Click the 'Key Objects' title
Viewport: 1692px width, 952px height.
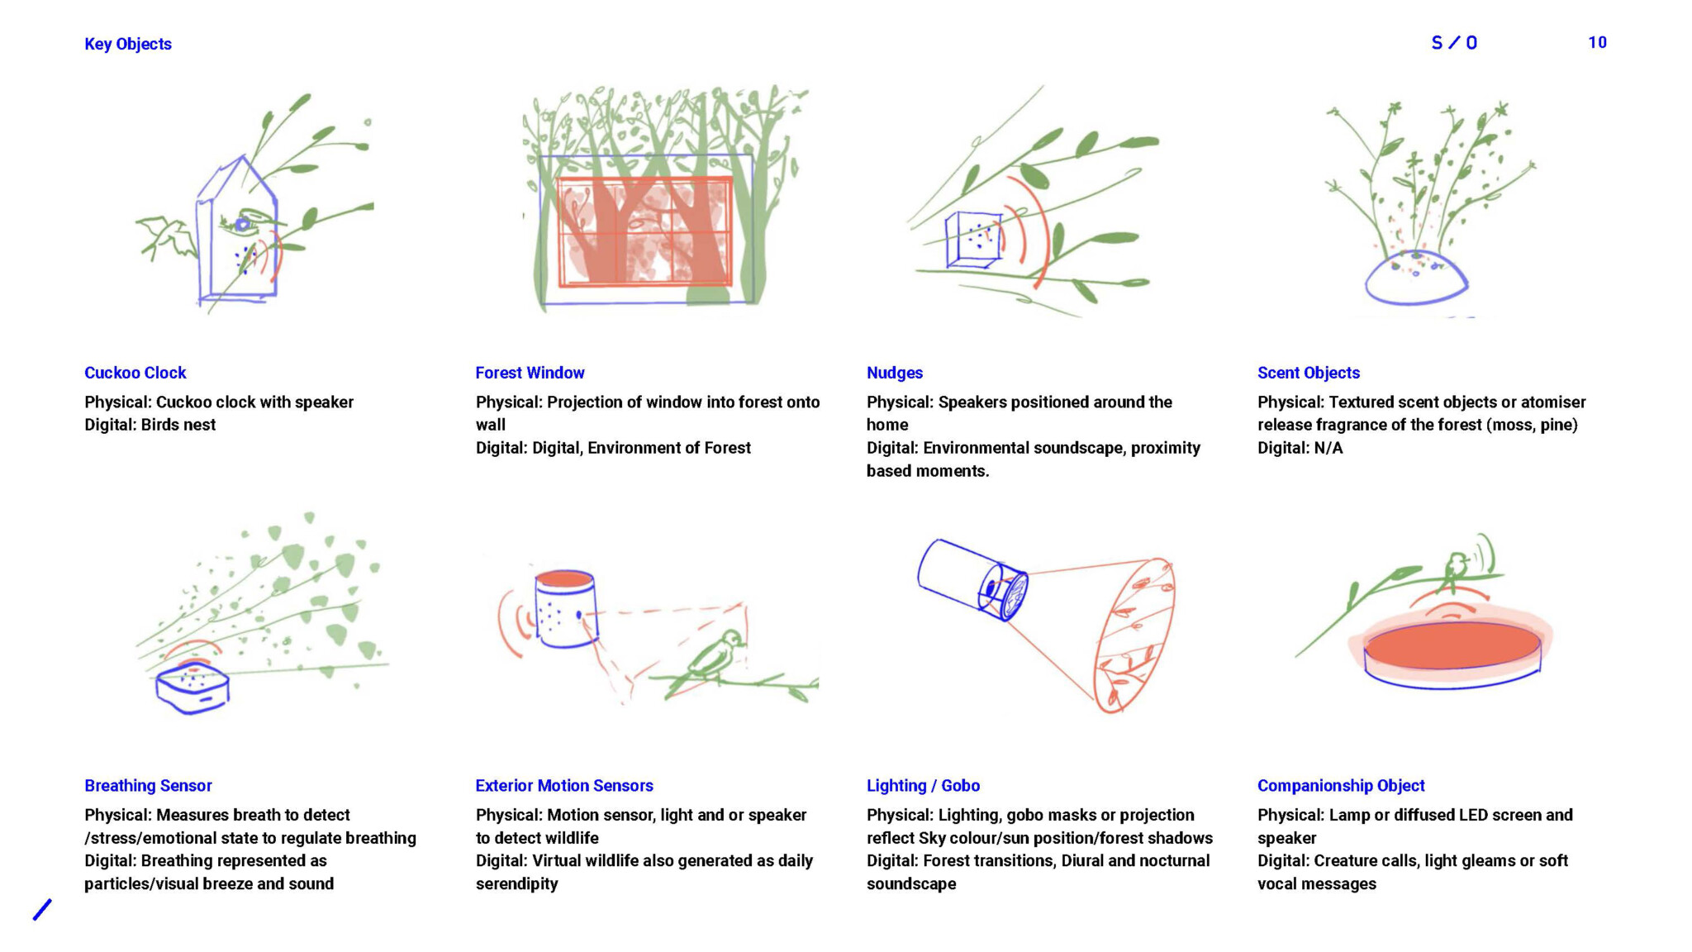coord(128,44)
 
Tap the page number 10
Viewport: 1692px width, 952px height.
coord(1597,42)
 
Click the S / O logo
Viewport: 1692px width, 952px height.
coord(1454,42)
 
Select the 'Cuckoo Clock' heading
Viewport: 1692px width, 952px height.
coord(135,373)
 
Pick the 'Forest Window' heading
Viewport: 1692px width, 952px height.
coord(530,373)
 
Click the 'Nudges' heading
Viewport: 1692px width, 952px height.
coord(895,373)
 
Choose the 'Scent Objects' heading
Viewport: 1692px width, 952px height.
coord(1309,373)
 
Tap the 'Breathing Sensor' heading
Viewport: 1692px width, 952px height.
coord(148,785)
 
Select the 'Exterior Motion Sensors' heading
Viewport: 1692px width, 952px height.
coord(564,785)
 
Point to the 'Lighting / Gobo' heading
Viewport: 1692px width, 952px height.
coord(923,785)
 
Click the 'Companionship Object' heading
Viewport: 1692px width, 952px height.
coord(1341,785)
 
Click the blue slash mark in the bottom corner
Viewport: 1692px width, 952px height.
coord(42,909)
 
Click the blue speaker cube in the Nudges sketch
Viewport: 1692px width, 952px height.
coord(972,240)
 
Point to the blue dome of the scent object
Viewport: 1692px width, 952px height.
coord(1415,279)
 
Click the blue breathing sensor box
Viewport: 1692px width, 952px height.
coord(192,688)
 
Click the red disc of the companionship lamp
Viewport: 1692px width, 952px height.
coord(1452,645)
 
